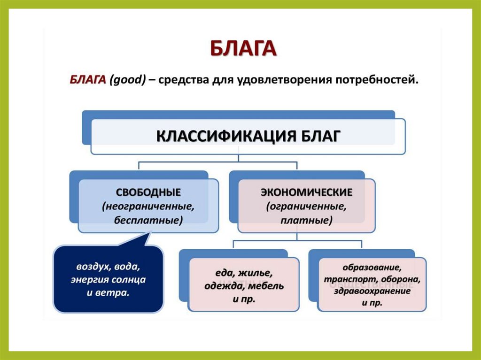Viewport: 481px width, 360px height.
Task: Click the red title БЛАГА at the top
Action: click(x=242, y=49)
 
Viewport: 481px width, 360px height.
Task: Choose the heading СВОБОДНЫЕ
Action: click(x=148, y=192)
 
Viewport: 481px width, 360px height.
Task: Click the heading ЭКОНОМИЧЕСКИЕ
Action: click(x=306, y=192)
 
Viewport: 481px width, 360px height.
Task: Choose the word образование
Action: click(x=372, y=268)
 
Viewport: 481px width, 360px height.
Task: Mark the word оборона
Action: click(x=401, y=279)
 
